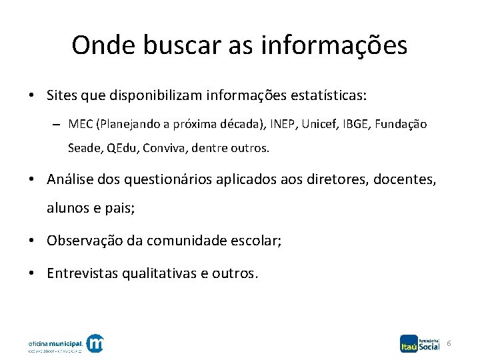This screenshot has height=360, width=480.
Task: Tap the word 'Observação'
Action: (85, 240)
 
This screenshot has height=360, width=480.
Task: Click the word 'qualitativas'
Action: (159, 273)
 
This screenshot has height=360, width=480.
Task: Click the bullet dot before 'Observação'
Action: (32, 240)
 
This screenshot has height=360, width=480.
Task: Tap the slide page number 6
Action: (449, 343)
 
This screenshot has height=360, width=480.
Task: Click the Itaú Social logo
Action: (420, 342)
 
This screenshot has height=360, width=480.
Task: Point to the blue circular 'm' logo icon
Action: (96, 343)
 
